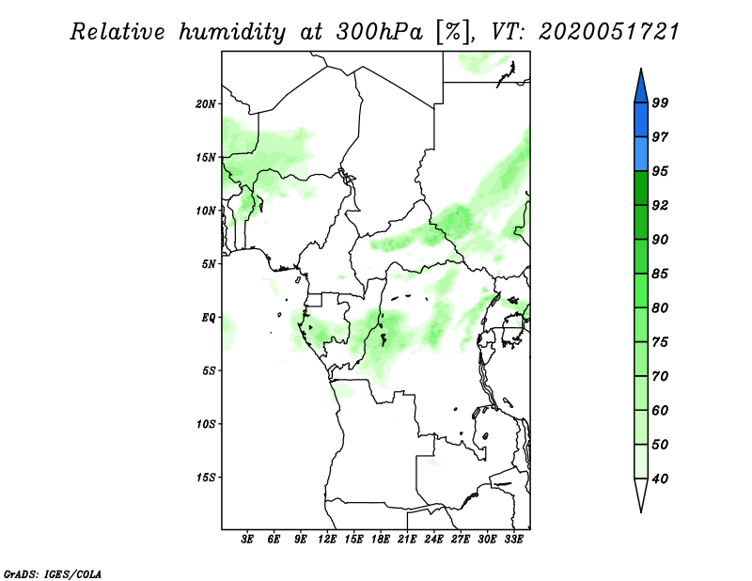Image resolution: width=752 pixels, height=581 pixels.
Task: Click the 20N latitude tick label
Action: click(x=206, y=103)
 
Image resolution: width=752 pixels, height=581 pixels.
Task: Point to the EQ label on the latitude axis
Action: click(x=208, y=318)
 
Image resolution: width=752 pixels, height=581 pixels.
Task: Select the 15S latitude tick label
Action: click(x=206, y=478)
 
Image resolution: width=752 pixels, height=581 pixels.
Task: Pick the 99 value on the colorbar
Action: click(x=660, y=103)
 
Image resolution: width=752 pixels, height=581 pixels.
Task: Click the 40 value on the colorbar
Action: click(x=660, y=479)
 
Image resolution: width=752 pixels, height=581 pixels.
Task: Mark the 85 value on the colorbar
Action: click(x=660, y=275)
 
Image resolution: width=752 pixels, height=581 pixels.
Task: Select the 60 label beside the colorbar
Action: click(x=660, y=411)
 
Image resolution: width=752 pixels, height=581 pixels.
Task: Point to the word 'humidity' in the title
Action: click(x=231, y=32)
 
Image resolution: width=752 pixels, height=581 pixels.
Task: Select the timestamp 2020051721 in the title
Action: click(x=609, y=32)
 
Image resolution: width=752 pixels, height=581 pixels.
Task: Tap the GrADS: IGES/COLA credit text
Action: click(x=39, y=573)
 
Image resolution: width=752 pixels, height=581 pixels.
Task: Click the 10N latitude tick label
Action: click(x=206, y=211)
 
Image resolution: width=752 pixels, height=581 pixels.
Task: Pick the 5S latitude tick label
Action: click(x=209, y=370)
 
